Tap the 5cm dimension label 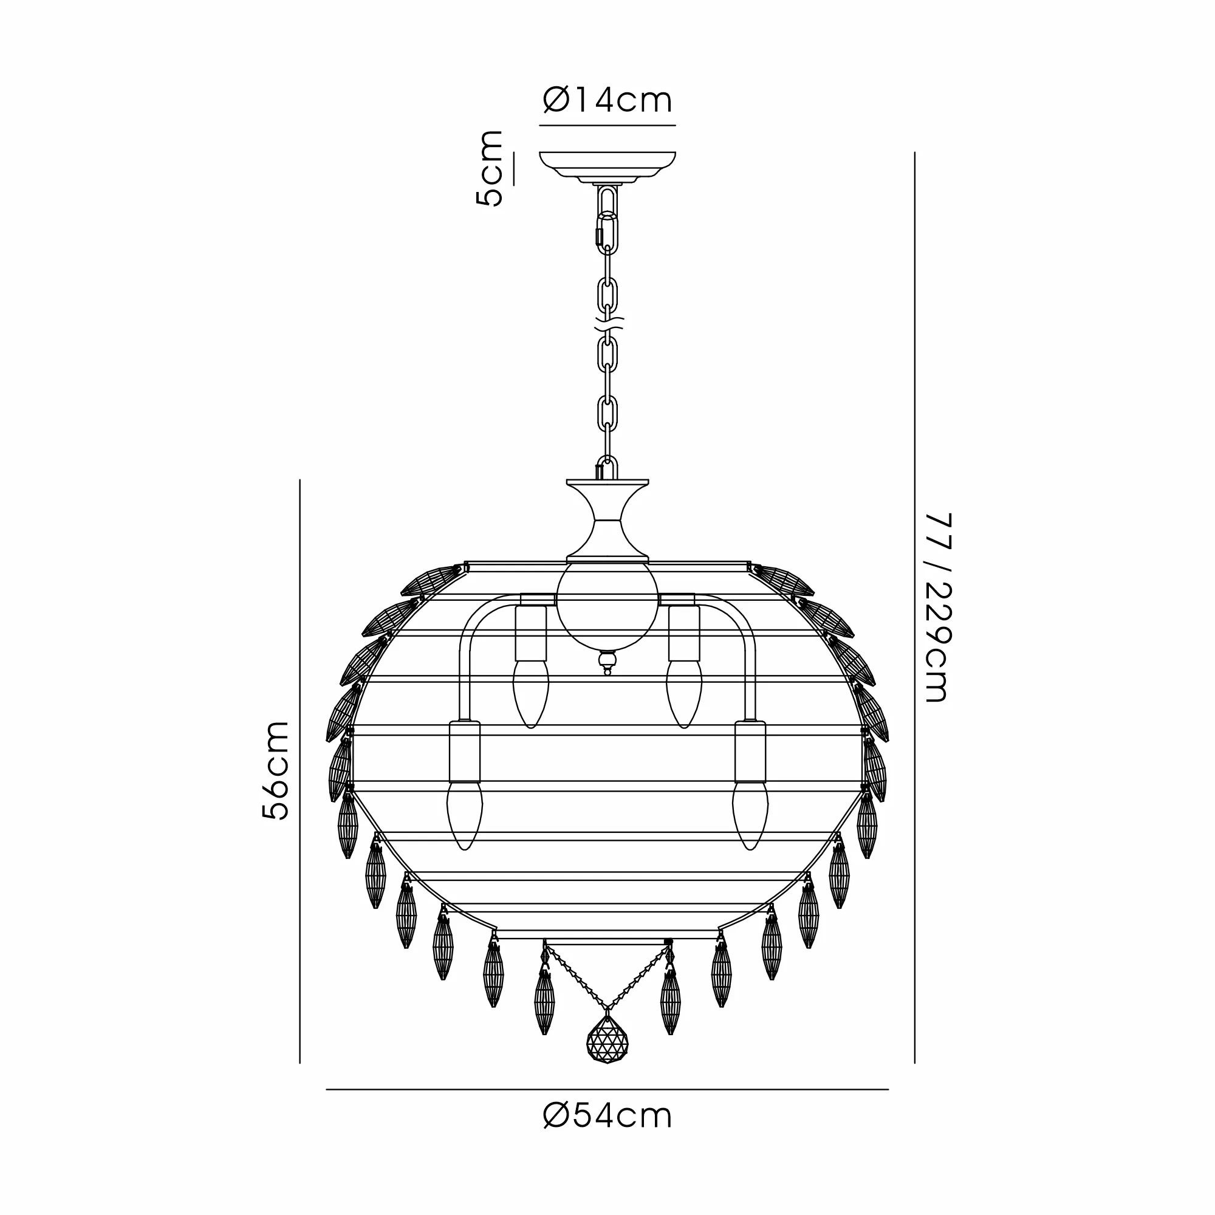(x=489, y=168)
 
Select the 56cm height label (x=275, y=770)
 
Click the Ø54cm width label (x=607, y=1116)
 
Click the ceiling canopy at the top (x=607, y=167)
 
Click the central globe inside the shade (x=607, y=606)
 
